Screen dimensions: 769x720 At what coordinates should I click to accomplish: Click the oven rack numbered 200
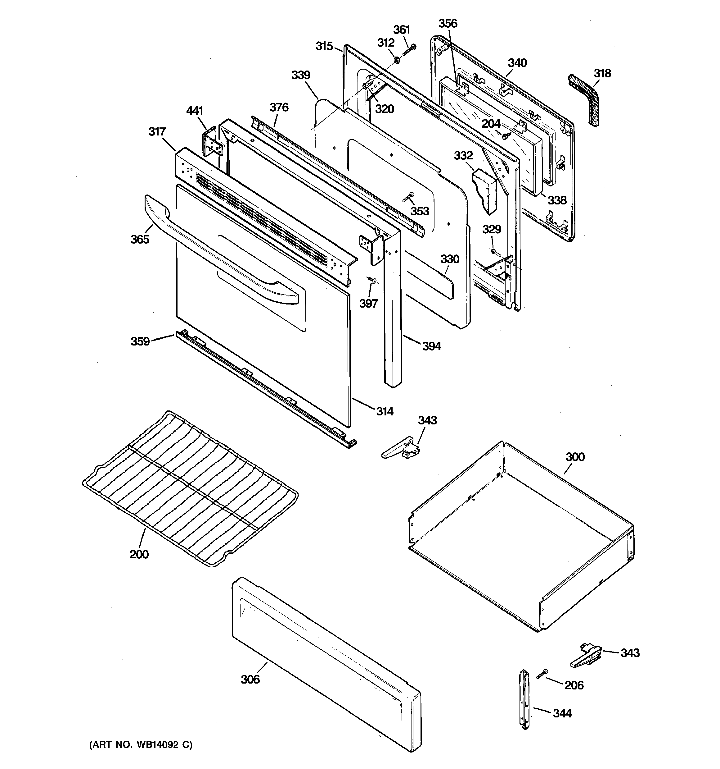[x=189, y=487]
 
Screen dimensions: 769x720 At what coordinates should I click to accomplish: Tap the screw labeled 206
[x=542, y=674]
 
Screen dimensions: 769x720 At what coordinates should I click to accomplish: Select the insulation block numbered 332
[x=484, y=189]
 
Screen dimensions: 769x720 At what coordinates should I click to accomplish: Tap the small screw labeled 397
[x=372, y=279]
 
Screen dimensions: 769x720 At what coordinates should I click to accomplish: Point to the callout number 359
[x=140, y=341]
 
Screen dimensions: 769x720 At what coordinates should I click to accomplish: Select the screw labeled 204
[x=506, y=135]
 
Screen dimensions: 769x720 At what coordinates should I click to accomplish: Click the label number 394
[x=431, y=346]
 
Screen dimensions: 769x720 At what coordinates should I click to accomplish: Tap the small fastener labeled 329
[x=493, y=251]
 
